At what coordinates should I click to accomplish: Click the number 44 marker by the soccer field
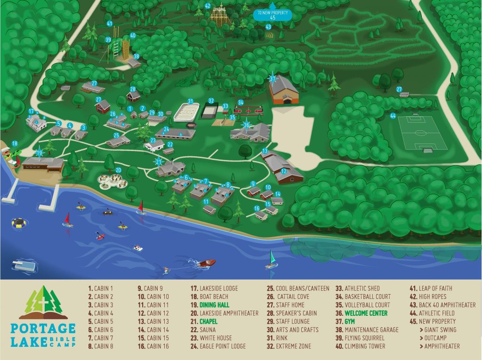pos(393,115)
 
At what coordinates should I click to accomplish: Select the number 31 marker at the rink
pos(190,101)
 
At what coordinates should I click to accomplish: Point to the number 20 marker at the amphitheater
pos(118,170)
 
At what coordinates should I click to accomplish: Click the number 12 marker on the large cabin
pos(283,172)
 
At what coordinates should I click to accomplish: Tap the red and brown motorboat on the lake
pos(207,262)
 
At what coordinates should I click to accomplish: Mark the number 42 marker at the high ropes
pos(208,6)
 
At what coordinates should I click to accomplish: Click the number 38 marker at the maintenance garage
pos(137,56)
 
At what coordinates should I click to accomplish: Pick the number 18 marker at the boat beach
pos(15,144)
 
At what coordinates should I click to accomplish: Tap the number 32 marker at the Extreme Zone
pos(211,101)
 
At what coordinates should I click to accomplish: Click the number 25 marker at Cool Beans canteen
pos(116,135)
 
